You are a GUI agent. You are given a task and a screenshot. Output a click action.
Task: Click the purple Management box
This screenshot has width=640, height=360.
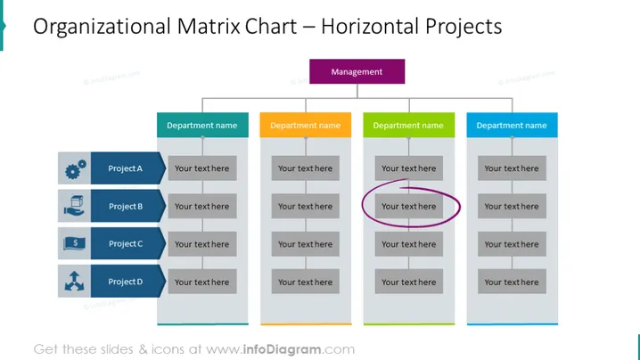point(357,71)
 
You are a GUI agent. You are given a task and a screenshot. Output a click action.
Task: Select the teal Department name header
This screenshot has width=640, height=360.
point(202,125)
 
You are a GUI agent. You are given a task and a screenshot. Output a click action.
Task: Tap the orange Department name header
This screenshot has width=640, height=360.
point(306,125)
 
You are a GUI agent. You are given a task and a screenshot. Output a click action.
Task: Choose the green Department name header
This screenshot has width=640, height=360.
point(408,125)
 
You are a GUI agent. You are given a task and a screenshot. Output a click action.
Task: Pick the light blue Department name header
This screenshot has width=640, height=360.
point(512,125)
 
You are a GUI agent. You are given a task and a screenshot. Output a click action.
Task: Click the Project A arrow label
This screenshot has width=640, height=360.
point(127,168)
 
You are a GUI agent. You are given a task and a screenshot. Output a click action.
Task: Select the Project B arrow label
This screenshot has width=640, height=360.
point(127,206)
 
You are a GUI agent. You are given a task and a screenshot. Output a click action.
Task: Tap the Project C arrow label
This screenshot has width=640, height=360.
point(127,243)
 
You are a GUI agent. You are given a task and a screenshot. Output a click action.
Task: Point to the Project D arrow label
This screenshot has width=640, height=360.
point(127,282)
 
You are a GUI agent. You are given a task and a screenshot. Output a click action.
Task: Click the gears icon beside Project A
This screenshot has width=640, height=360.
point(76,169)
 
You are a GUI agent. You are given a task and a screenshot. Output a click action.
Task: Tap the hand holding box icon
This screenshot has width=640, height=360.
point(74,206)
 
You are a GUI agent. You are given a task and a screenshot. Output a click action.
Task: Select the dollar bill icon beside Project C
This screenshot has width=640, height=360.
point(74,243)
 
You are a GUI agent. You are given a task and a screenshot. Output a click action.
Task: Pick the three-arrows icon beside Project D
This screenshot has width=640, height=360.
point(74,282)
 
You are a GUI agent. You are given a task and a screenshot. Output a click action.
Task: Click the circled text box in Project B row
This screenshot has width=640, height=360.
point(408,206)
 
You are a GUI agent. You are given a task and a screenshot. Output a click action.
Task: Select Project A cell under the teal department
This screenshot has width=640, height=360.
point(202,168)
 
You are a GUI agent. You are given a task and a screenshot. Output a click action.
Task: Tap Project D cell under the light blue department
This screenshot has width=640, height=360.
point(512,282)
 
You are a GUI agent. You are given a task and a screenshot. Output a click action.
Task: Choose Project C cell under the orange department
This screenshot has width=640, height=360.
point(306,244)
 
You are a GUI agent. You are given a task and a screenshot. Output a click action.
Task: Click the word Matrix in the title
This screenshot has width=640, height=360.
point(209,27)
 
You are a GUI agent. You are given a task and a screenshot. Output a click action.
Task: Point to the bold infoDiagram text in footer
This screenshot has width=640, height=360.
point(282,349)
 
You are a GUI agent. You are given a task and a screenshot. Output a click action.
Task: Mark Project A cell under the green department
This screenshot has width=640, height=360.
point(408,168)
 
